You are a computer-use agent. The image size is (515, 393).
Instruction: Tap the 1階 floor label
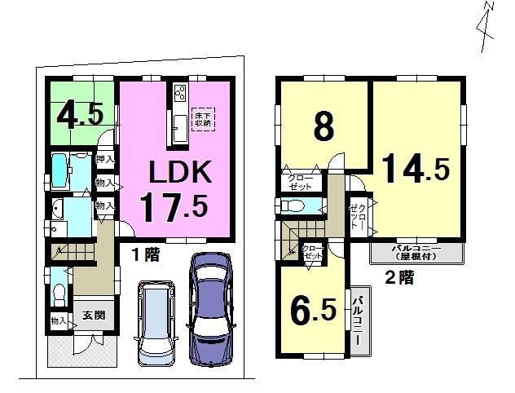(x=147, y=254)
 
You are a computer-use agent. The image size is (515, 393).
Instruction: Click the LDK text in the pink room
(x=179, y=172)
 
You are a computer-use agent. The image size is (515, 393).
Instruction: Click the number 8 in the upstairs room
(x=324, y=126)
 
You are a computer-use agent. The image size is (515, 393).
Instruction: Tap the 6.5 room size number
(x=312, y=310)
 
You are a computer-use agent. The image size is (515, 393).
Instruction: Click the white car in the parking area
(x=155, y=322)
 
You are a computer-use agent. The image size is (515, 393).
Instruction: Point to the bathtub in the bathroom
(x=64, y=170)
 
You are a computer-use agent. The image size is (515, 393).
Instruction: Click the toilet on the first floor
(x=58, y=292)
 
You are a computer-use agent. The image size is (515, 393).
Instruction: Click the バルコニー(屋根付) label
(x=416, y=251)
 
